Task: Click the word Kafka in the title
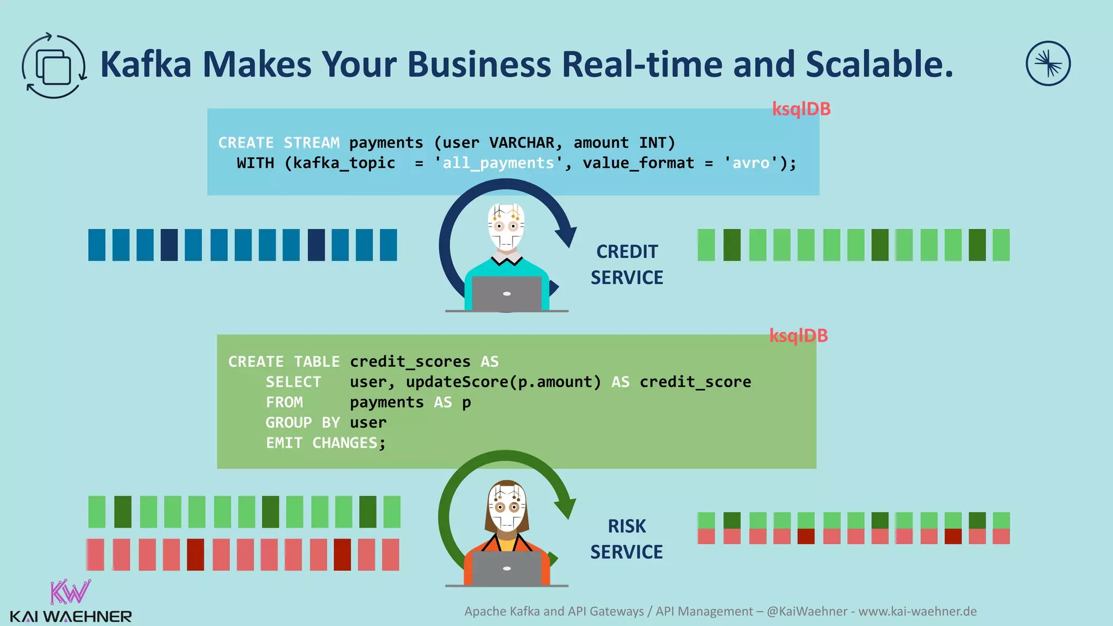(x=146, y=65)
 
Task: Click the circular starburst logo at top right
(x=1048, y=64)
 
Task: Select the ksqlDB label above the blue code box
(x=801, y=109)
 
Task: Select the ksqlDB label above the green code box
(x=798, y=336)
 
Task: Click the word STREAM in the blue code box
(x=311, y=143)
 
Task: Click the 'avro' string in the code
(x=751, y=163)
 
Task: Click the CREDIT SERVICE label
(x=627, y=265)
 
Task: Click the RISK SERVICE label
(x=627, y=539)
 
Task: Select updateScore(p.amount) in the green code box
(x=503, y=382)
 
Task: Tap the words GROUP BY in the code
(x=302, y=423)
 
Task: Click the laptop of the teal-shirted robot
(x=507, y=293)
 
